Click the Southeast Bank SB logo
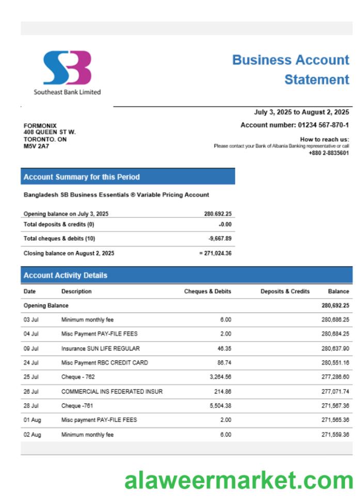pyautogui.click(x=67, y=68)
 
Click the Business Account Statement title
pyautogui.click(x=291, y=70)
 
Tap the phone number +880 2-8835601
pyautogui.click(x=328, y=153)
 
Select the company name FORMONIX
pyautogui.click(x=40, y=126)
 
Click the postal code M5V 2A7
pyautogui.click(x=36, y=146)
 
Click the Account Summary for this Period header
pyautogui.click(x=82, y=177)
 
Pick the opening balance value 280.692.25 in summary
pyautogui.click(x=217, y=214)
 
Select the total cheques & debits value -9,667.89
pyautogui.click(x=220, y=239)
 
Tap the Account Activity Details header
pyautogui.click(x=66, y=275)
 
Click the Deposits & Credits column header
pyautogui.click(x=285, y=291)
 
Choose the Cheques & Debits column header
pyautogui.click(x=208, y=291)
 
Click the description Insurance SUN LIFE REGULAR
pyautogui.click(x=100, y=349)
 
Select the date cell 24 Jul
pyautogui.click(x=31, y=363)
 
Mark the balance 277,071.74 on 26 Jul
pyautogui.click(x=335, y=392)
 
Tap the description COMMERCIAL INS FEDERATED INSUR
pyautogui.click(x=112, y=392)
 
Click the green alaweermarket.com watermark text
pyautogui.click(x=239, y=480)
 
